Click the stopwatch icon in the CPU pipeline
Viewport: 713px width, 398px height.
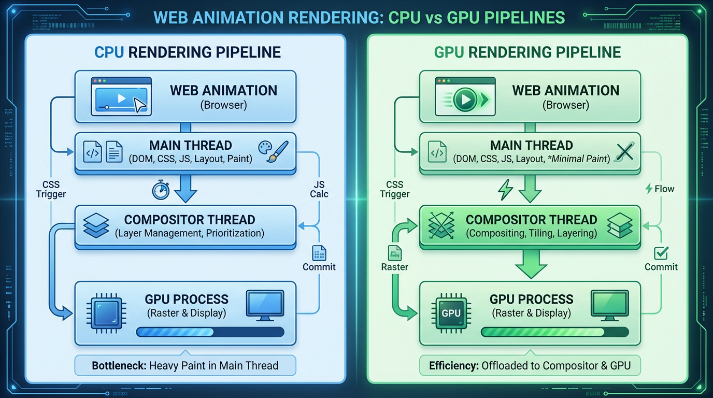point(161,190)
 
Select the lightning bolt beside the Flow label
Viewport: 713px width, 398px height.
point(648,189)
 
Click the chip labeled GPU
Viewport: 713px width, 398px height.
point(450,313)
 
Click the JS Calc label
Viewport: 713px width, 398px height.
point(319,189)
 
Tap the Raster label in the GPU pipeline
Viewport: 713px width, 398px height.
point(395,267)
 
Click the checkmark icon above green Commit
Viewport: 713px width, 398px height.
point(661,253)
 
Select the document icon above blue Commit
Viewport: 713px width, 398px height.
point(319,253)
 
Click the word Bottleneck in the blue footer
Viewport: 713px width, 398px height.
point(119,365)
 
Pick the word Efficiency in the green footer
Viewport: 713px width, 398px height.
point(453,365)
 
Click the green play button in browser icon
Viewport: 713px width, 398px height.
point(464,99)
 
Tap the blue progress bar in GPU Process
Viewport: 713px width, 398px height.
point(210,332)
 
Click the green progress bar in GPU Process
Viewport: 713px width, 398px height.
point(555,332)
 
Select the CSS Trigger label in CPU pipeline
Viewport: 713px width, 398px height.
point(51,189)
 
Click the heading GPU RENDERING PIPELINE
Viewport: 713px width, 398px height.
point(527,52)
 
